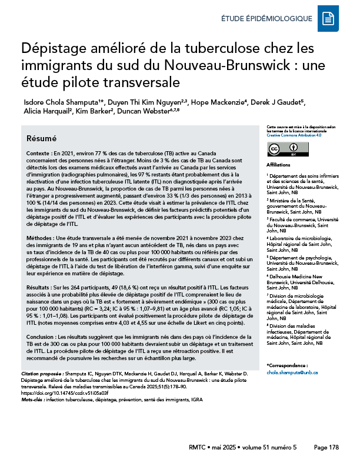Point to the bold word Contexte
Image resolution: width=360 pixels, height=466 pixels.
pos(39,152)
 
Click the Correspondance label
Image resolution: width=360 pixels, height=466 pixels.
pos(288,366)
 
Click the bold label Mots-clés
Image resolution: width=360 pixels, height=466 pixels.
pos(35,398)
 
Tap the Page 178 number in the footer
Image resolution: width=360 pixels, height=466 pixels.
pos(326,447)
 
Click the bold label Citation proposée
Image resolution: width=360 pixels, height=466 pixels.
pos(44,374)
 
